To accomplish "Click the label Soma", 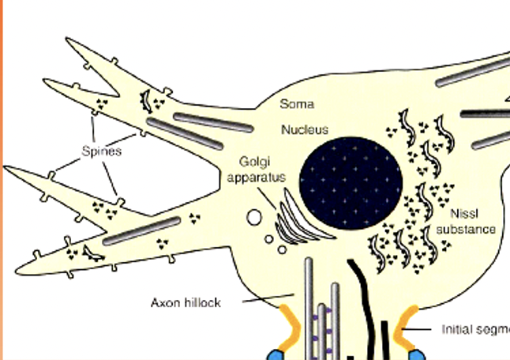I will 297,104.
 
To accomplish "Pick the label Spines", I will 101,151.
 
